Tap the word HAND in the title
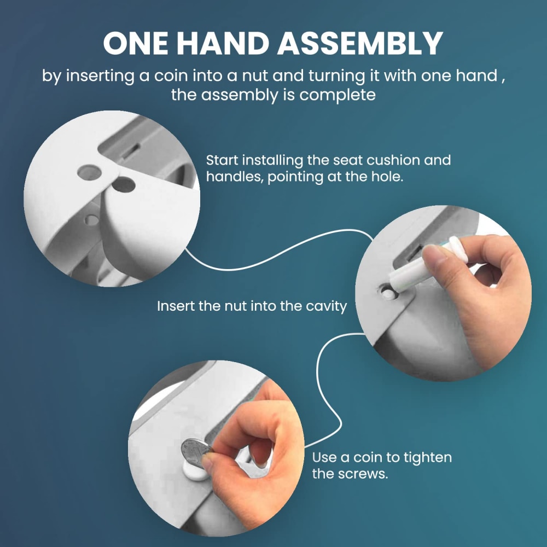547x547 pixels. (223, 43)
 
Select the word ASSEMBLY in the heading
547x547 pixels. (360, 43)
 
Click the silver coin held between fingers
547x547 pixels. (196, 453)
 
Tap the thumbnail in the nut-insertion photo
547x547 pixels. (432, 254)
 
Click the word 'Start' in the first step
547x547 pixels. (222, 160)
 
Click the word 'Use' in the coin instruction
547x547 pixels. (323, 457)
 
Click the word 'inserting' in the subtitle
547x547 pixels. (100, 76)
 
